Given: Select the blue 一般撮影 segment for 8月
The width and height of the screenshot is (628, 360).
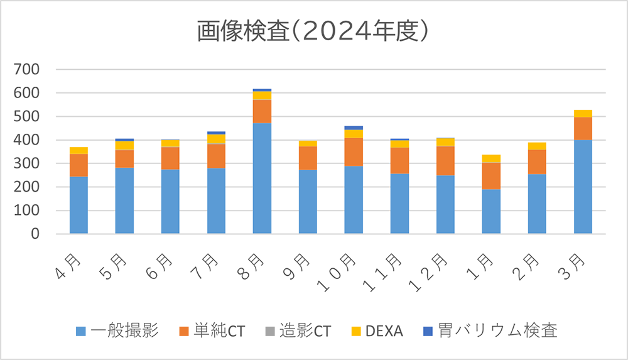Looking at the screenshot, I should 262,178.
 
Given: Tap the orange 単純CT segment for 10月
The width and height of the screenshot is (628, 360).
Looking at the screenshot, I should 354,152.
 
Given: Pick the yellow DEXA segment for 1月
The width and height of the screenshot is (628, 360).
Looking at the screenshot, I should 491,158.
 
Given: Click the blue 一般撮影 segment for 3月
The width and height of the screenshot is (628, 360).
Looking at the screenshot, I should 583,187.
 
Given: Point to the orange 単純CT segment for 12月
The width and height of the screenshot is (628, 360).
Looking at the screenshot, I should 445,161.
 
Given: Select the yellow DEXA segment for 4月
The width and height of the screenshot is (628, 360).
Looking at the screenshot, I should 78,150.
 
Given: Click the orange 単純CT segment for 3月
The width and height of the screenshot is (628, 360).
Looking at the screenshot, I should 583,129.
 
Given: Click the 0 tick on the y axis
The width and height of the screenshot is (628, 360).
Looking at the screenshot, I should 35,234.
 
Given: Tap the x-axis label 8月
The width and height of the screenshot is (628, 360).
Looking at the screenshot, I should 255,264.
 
